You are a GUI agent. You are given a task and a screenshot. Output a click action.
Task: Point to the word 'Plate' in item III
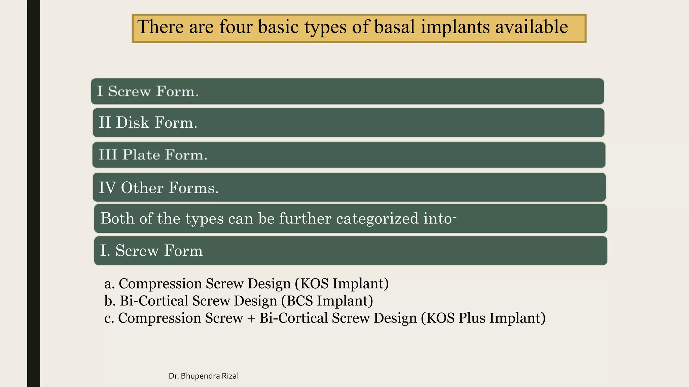(x=141, y=155)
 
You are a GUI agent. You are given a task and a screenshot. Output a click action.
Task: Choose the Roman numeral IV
(x=107, y=188)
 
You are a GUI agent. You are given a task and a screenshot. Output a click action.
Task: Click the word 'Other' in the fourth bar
(x=142, y=188)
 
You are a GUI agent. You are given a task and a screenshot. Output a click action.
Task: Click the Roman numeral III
(x=108, y=155)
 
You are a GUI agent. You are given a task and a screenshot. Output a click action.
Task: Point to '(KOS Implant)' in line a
(x=342, y=284)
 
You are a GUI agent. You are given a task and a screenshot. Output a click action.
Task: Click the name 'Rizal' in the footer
(x=230, y=376)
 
